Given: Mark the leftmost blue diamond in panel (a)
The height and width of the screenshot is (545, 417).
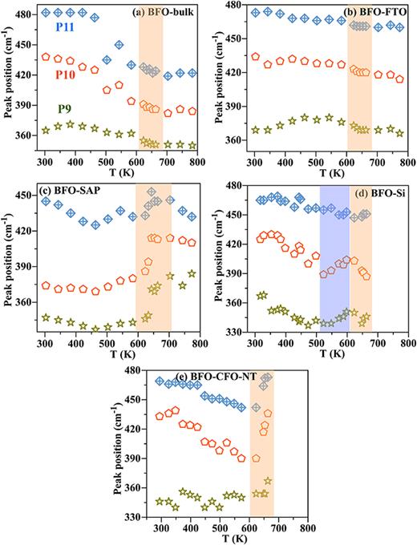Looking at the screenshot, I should click(46, 13).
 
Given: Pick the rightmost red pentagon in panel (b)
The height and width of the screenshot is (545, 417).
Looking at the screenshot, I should click(399, 79).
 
